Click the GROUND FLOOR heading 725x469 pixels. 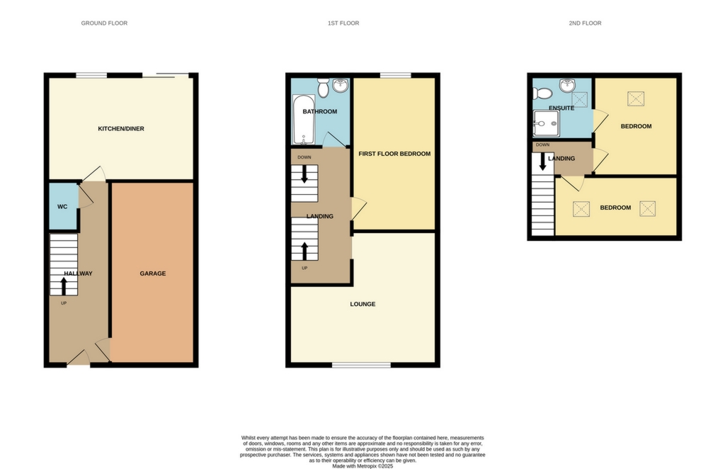pos(104,23)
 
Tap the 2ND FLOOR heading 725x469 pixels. pos(585,23)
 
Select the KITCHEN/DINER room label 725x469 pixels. pos(121,128)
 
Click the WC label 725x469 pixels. pos(62,207)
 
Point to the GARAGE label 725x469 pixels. pos(153,273)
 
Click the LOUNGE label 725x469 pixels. pos(362,304)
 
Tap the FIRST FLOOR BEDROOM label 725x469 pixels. pos(394,154)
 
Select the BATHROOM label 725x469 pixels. pos(320,111)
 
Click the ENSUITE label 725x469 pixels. pos(561,108)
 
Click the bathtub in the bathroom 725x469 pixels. pos(304,120)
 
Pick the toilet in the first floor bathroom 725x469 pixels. pos(323,87)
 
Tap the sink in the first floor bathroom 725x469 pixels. pos(341,85)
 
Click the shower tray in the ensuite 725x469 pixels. pos(546,123)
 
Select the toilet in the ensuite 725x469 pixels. pos(542,94)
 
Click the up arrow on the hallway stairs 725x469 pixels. pos(64,286)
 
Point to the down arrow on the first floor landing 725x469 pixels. pos(304,174)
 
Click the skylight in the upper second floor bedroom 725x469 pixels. pos(636,98)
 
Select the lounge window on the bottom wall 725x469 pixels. pos(362,365)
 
